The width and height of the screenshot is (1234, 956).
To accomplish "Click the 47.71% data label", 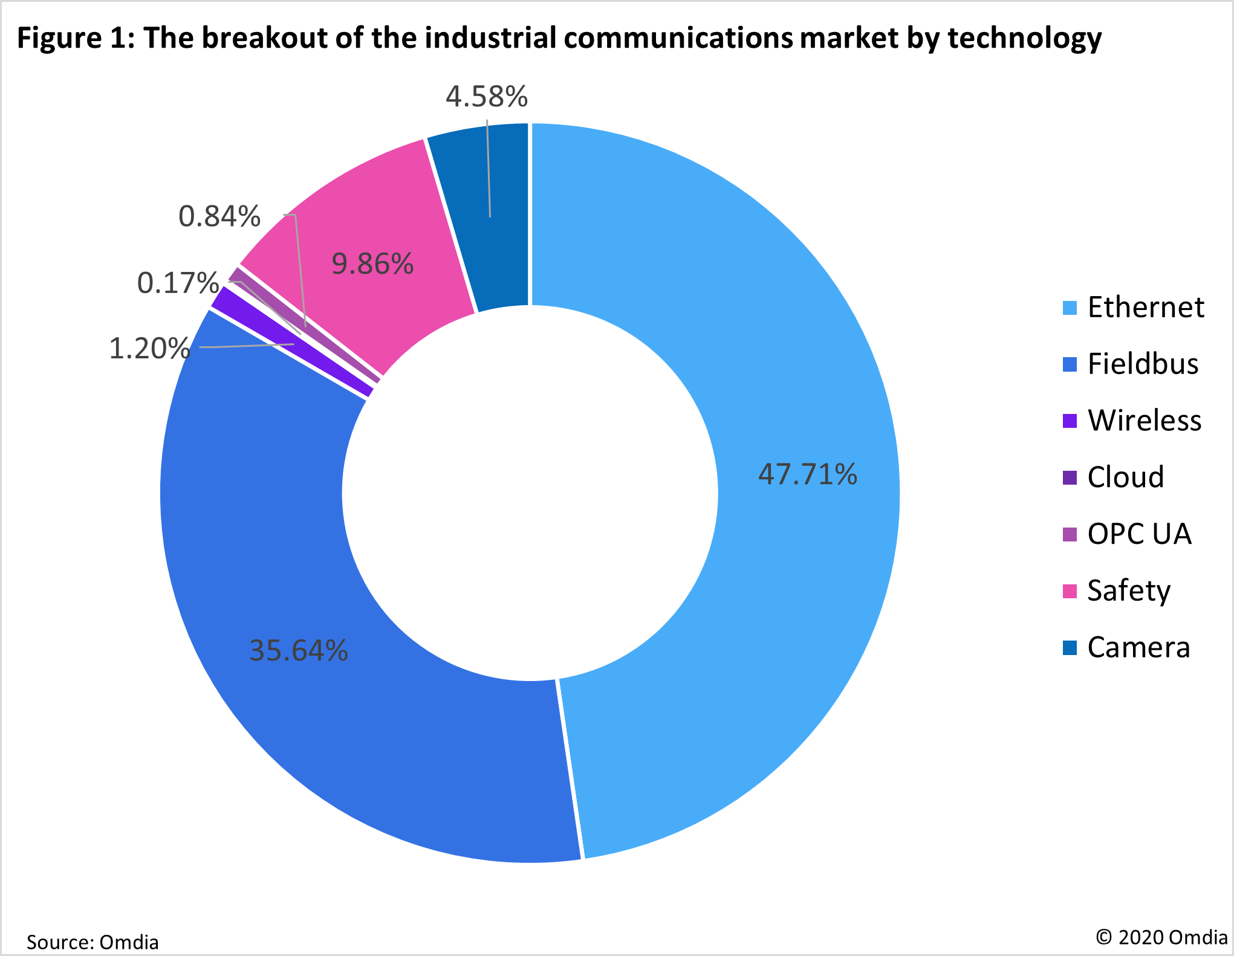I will pyautogui.click(x=807, y=474).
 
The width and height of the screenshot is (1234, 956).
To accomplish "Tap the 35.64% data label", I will pyautogui.click(x=298, y=651).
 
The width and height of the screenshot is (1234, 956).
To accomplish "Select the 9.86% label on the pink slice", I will pyautogui.click(x=372, y=264).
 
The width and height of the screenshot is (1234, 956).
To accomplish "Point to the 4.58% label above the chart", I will pyautogui.click(x=487, y=97).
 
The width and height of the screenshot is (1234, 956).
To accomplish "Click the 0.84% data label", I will pyautogui.click(x=219, y=216).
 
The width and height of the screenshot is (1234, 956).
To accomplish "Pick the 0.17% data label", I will pyautogui.click(x=178, y=283).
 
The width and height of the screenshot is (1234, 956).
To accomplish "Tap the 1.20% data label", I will pyautogui.click(x=149, y=349).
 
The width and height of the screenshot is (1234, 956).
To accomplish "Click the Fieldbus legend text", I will pyautogui.click(x=1143, y=364).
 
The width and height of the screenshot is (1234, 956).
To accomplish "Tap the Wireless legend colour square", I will pyautogui.click(x=1070, y=421).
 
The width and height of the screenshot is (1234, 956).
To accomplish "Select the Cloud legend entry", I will pyautogui.click(x=1125, y=477).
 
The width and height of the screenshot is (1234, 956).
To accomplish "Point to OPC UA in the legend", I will pyautogui.click(x=1139, y=534).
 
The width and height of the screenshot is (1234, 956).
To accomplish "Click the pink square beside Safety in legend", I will pyautogui.click(x=1070, y=591).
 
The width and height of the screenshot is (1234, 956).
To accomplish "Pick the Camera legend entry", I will pyautogui.click(x=1138, y=648).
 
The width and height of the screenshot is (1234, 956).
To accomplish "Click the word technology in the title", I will pyautogui.click(x=1024, y=38).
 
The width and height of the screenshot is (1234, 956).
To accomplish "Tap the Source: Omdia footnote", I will pyautogui.click(x=93, y=941).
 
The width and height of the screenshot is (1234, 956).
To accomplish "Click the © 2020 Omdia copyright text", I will pyautogui.click(x=1161, y=937).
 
